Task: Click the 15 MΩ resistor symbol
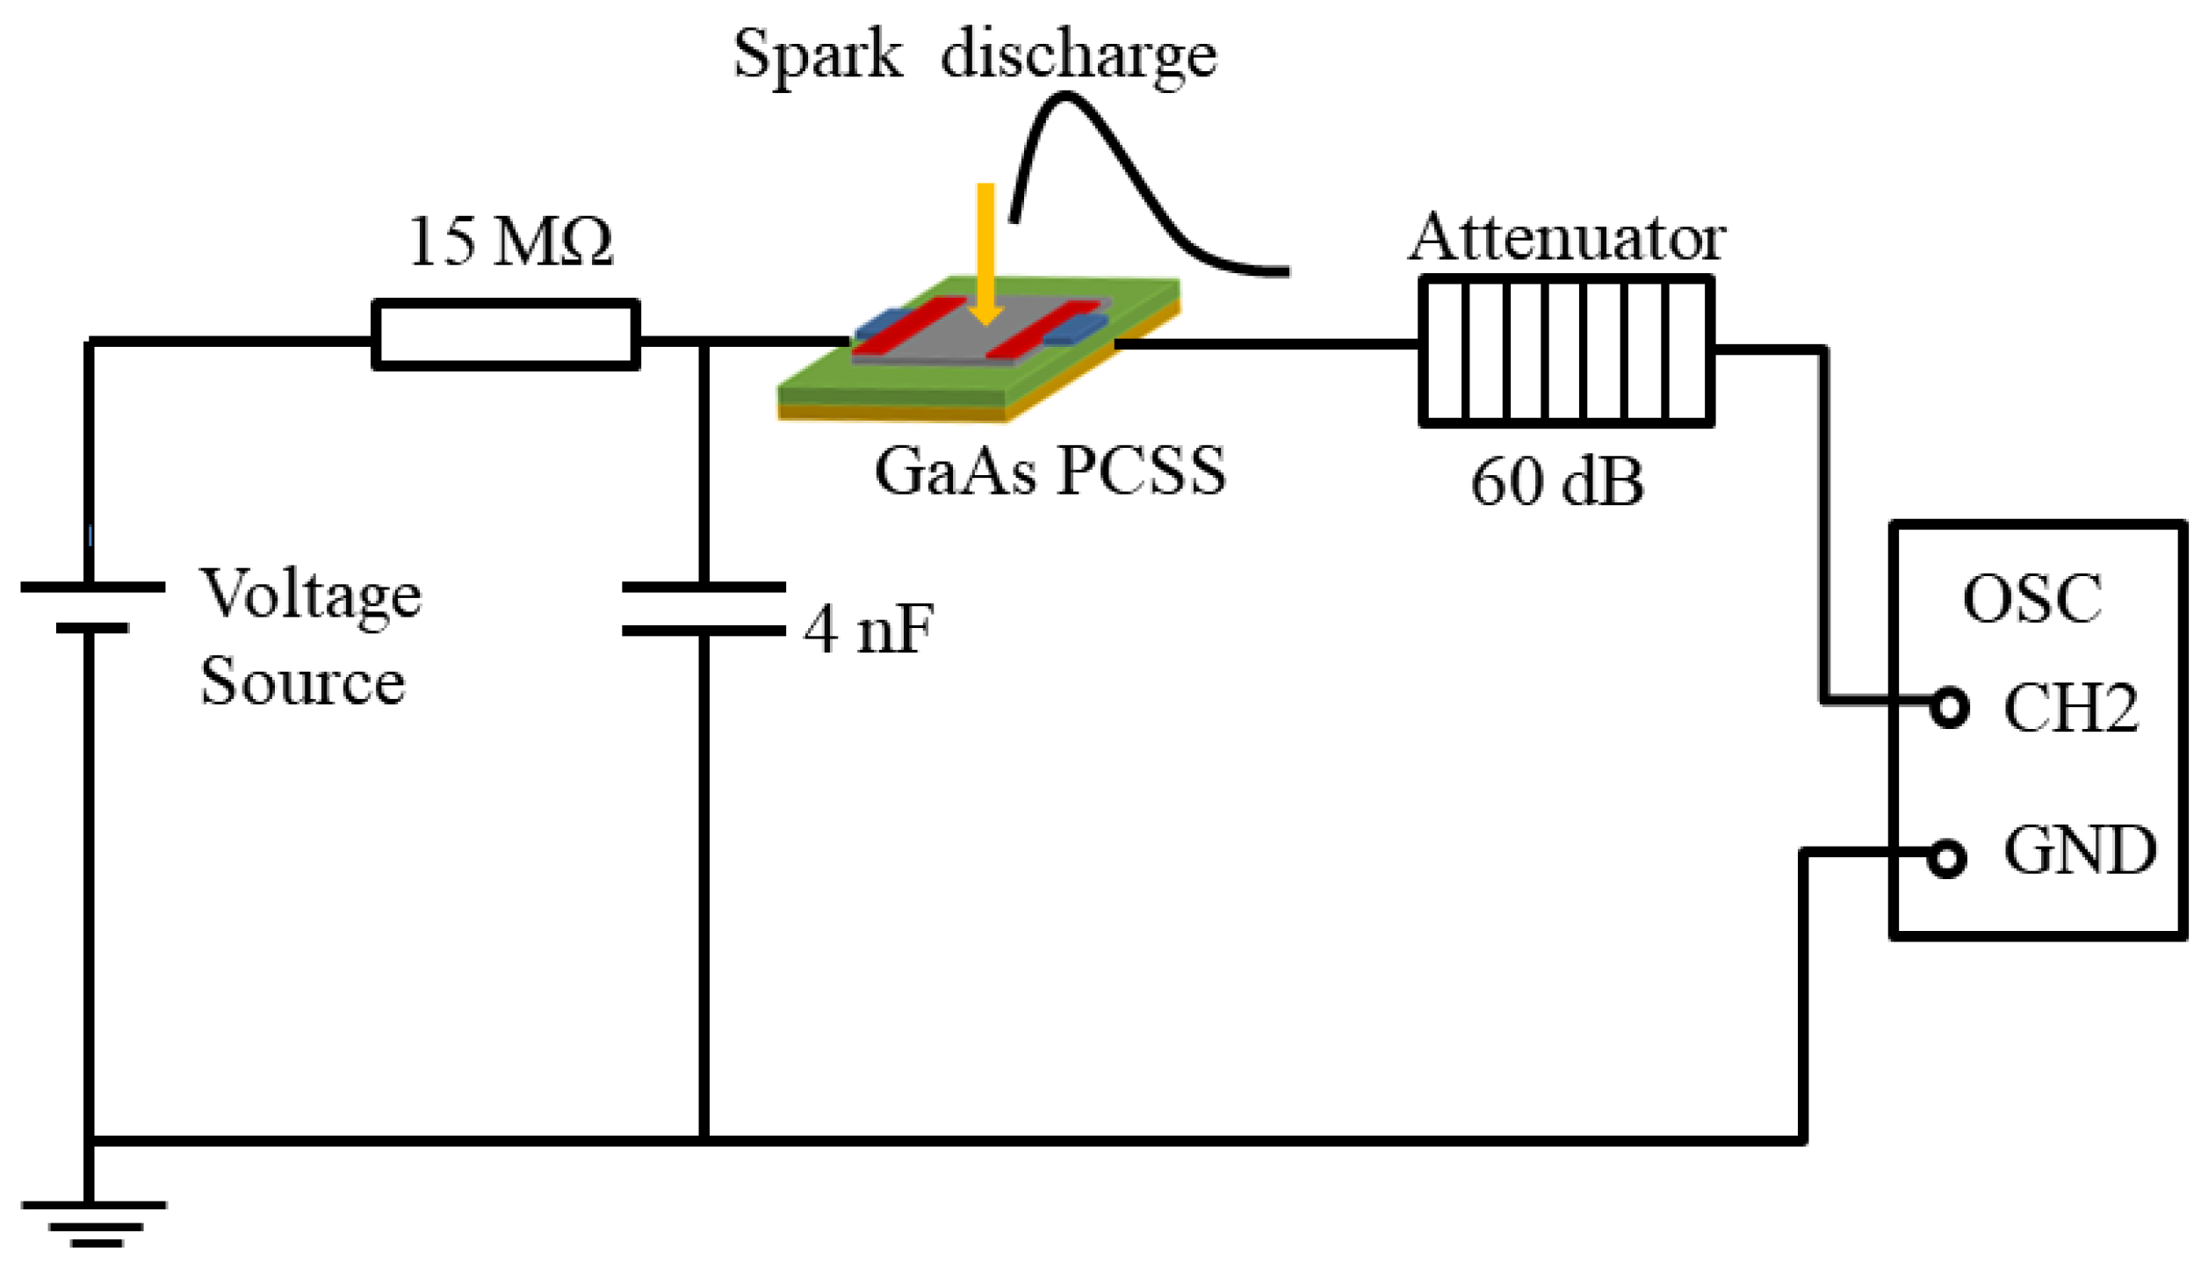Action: pyautogui.click(x=505, y=335)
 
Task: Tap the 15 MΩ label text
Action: pyautogui.click(x=510, y=241)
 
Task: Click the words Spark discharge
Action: pyautogui.click(x=975, y=54)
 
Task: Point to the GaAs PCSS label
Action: pyautogui.click(x=1050, y=472)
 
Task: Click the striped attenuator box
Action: pyautogui.click(x=1566, y=351)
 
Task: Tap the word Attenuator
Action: pyautogui.click(x=1566, y=237)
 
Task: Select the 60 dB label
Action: pyautogui.click(x=1556, y=482)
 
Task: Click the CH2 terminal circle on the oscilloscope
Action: pyautogui.click(x=1949, y=708)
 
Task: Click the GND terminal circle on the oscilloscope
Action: pyautogui.click(x=1946, y=858)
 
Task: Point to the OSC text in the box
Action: pyautogui.click(x=2032, y=600)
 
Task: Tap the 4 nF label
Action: pyautogui.click(x=868, y=630)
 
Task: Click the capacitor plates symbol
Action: pyautogui.click(x=704, y=609)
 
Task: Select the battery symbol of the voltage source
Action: pyautogui.click(x=91, y=607)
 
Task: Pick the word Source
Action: pyautogui.click(x=303, y=682)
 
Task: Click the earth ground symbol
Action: pyautogui.click(x=94, y=1223)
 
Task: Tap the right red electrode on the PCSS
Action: pyautogui.click(x=1043, y=329)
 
